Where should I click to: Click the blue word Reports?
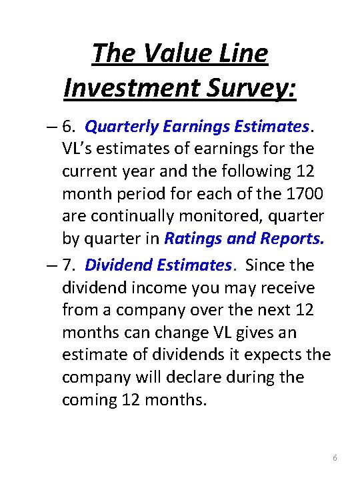coord(290,238)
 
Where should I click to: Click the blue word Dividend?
coord(119,265)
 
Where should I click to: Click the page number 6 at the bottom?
coord(335,458)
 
